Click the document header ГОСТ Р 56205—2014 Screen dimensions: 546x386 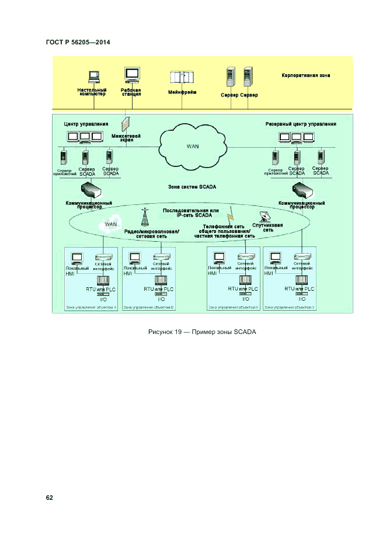pos(78,43)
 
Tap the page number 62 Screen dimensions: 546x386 pos(50,498)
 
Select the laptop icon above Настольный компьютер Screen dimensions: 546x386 pos(93,76)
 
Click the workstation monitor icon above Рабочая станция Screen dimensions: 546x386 pos(132,75)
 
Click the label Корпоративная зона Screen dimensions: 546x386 pos(306,75)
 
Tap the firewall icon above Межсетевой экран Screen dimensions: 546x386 pos(126,124)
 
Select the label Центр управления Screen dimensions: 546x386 pos(86,124)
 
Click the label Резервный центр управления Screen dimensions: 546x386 pos(301,124)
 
